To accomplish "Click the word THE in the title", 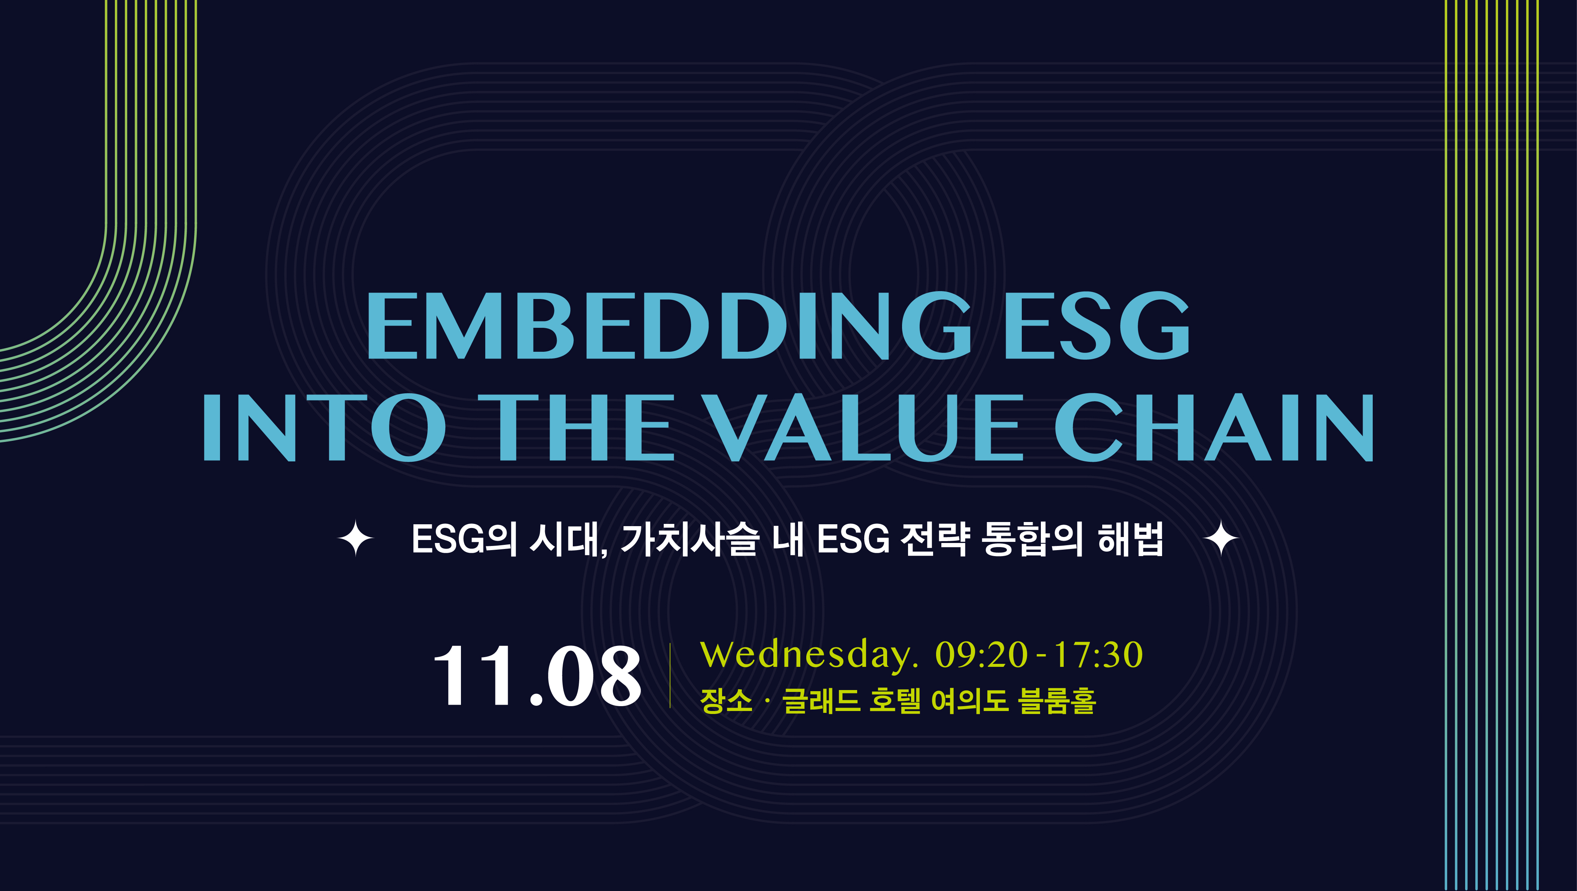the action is click(x=585, y=427).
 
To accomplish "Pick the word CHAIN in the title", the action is click(x=1214, y=427).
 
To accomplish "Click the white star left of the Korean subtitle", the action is click(x=356, y=538).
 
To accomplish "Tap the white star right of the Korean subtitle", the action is click(x=1221, y=538).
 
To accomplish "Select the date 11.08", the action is click(x=537, y=676).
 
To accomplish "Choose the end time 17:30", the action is click(x=1097, y=654).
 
